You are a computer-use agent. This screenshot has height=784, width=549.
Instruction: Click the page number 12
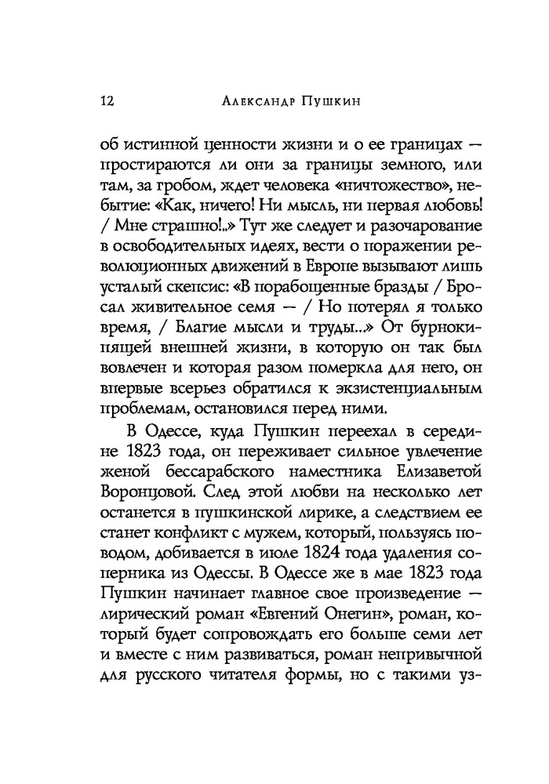point(108,101)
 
